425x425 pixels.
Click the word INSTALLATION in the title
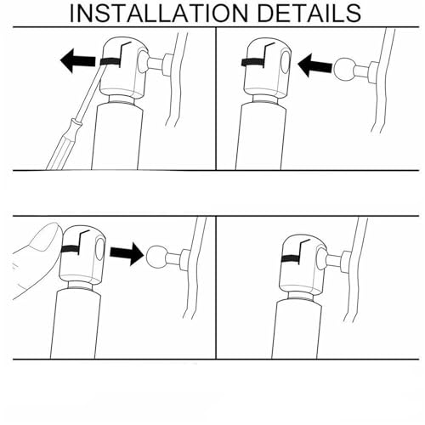tap(159, 13)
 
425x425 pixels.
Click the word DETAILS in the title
tap(309, 13)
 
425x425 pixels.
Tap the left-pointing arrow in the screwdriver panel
tap(78, 60)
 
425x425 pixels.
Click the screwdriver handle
tap(64, 144)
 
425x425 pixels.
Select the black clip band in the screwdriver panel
tap(111, 62)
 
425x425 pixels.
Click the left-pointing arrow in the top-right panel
tap(314, 65)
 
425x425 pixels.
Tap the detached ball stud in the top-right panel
tap(355, 70)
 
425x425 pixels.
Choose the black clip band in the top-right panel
tap(252, 62)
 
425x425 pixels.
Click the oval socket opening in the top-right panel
tap(286, 62)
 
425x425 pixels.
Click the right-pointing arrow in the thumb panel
tap(127, 253)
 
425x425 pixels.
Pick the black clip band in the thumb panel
tap(71, 249)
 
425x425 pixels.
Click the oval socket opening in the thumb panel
tap(100, 249)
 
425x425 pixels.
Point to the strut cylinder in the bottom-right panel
tap(296, 329)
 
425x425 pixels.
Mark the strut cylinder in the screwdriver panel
tap(116, 137)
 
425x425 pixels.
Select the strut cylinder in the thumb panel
tap(76, 324)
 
